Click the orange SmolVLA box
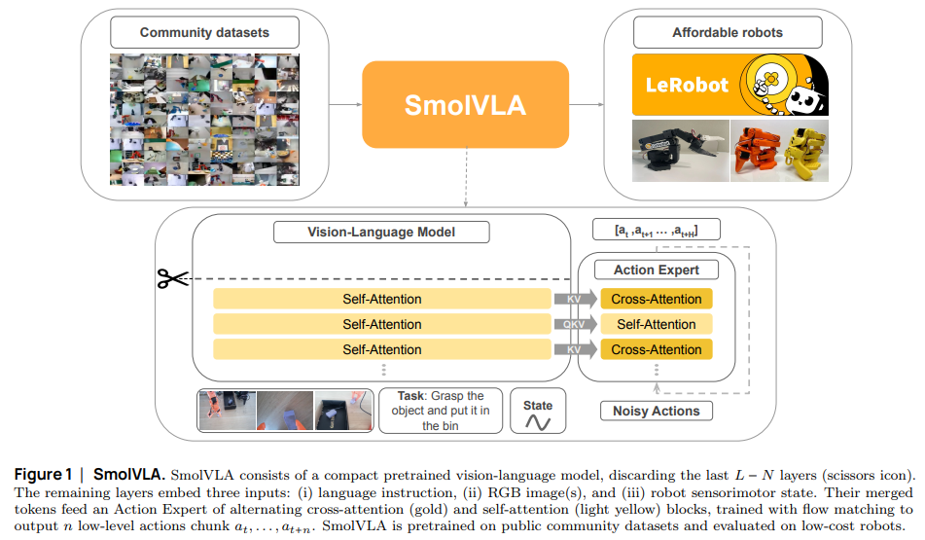click(x=465, y=105)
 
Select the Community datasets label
click(x=204, y=32)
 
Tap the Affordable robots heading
click(x=727, y=32)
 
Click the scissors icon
click(x=173, y=279)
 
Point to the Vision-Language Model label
click(x=381, y=233)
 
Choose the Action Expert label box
click(x=657, y=270)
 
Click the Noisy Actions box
click(x=657, y=411)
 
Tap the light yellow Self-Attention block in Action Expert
click(x=657, y=324)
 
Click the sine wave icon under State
click(x=538, y=422)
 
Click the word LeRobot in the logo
click(x=687, y=85)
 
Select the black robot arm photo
click(x=678, y=151)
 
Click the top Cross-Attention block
click(x=657, y=299)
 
